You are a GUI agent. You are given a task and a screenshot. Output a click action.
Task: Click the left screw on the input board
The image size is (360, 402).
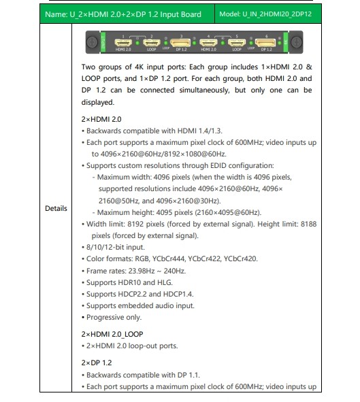click(x=92, y=41)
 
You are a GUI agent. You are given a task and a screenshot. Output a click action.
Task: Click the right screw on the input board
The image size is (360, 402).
click(x=296, y=42)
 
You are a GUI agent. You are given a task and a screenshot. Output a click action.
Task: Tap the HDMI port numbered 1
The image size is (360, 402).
click(x=123, y=43)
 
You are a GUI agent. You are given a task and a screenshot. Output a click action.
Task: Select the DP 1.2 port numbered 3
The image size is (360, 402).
click(x=180, y=43)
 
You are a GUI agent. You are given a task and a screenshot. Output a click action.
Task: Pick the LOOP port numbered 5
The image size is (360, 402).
click(x=236, y=43)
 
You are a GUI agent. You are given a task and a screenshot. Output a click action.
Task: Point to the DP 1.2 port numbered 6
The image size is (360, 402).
click(x=265, y=43)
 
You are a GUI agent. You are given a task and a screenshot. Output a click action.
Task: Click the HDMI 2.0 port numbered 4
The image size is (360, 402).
click(x=208, y=43)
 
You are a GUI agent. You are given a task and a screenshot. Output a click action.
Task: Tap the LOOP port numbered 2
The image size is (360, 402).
click(x=151, y=43)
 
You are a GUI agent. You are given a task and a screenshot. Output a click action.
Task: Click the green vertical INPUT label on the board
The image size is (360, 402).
click(x=103, y=42)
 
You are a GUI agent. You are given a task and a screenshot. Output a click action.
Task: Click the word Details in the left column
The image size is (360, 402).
click(x=56, y=208)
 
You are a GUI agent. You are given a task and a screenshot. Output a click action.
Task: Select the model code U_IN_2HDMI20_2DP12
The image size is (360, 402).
click(x=277, y=14)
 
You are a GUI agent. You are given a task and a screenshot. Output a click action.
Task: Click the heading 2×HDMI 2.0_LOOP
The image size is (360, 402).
click(x=112, y=334)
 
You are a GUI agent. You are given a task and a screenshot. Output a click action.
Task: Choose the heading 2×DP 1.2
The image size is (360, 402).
click(x=97, y=363)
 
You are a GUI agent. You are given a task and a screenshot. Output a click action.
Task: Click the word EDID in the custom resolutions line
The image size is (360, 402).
click(x=218, y=165)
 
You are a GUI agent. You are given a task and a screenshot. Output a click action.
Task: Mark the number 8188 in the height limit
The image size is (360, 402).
click(x=308, y=224)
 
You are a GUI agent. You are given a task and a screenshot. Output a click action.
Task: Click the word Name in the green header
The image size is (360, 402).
click(x=55, y=14)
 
